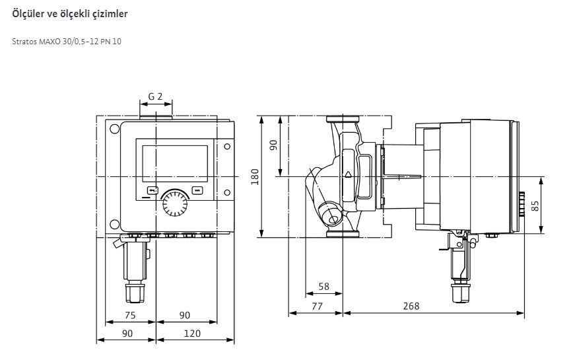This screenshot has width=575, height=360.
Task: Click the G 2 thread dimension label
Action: pyautogui.click(x=155, y=96)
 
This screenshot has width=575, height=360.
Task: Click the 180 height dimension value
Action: pyautogui.click(x=255, y=176)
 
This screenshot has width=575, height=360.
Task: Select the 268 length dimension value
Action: pyautogui.click(x=411, y=306)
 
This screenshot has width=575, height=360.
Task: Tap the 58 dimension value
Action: pyautogui.click(x=323, y=286)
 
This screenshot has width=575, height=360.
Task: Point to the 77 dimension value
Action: pyautogui.click(x=317, y=306)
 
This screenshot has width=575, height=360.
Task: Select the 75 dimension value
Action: pyautogui.click(x=130, y=315)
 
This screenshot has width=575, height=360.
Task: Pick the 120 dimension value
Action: pyautogui.click(x=192, y=333)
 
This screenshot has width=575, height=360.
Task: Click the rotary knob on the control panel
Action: pyautogui.click(x=174, y=203)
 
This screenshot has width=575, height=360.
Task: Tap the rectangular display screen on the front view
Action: pyautogui.click(x=175, y=163)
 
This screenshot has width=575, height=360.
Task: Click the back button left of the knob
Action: pyautogui.click(x=152, y=190)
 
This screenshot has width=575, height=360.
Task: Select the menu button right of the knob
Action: pyautogui.click(x=197, y=190)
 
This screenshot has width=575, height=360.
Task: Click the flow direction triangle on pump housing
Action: pyautogui.click(x=348, y=174)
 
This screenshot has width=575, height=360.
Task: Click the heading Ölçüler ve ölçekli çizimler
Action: pyautogui.click(x=70, y=14)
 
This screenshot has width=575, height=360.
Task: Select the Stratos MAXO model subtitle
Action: pyautogui.click(x=67, y=41)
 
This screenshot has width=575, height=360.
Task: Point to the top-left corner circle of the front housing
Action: pyautogui.click(x=114, y=129)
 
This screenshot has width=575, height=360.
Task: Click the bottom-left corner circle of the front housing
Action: pyautogui.click(x=114, y=224)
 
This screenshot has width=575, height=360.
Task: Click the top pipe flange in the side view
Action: pyautogui.click(x=343, y=119)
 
